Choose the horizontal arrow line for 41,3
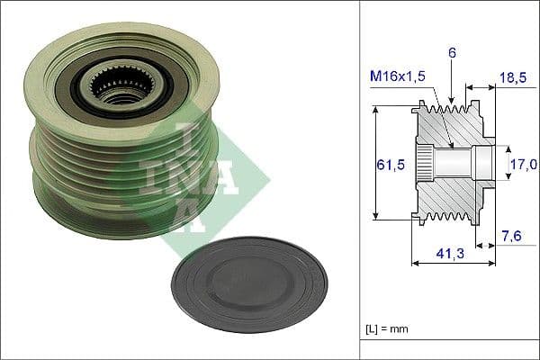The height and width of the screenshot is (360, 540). (453, 264)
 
